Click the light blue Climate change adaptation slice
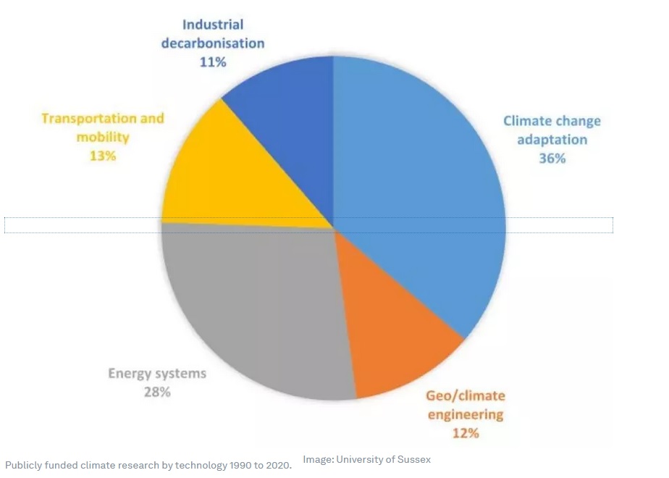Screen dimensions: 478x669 [420, 181]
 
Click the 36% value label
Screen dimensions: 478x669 [552, 158]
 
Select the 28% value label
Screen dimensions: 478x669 [157, 392]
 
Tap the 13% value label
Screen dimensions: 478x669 [102, 155]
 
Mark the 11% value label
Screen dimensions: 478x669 [213, 62]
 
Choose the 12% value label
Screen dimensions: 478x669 [465, 433]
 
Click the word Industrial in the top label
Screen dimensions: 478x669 [213, 25]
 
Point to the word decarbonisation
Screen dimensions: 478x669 [213, 43]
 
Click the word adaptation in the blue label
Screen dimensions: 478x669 [552, 139]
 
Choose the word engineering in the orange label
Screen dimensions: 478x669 [465, 414]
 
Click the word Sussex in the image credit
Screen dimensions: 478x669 [415, 459]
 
